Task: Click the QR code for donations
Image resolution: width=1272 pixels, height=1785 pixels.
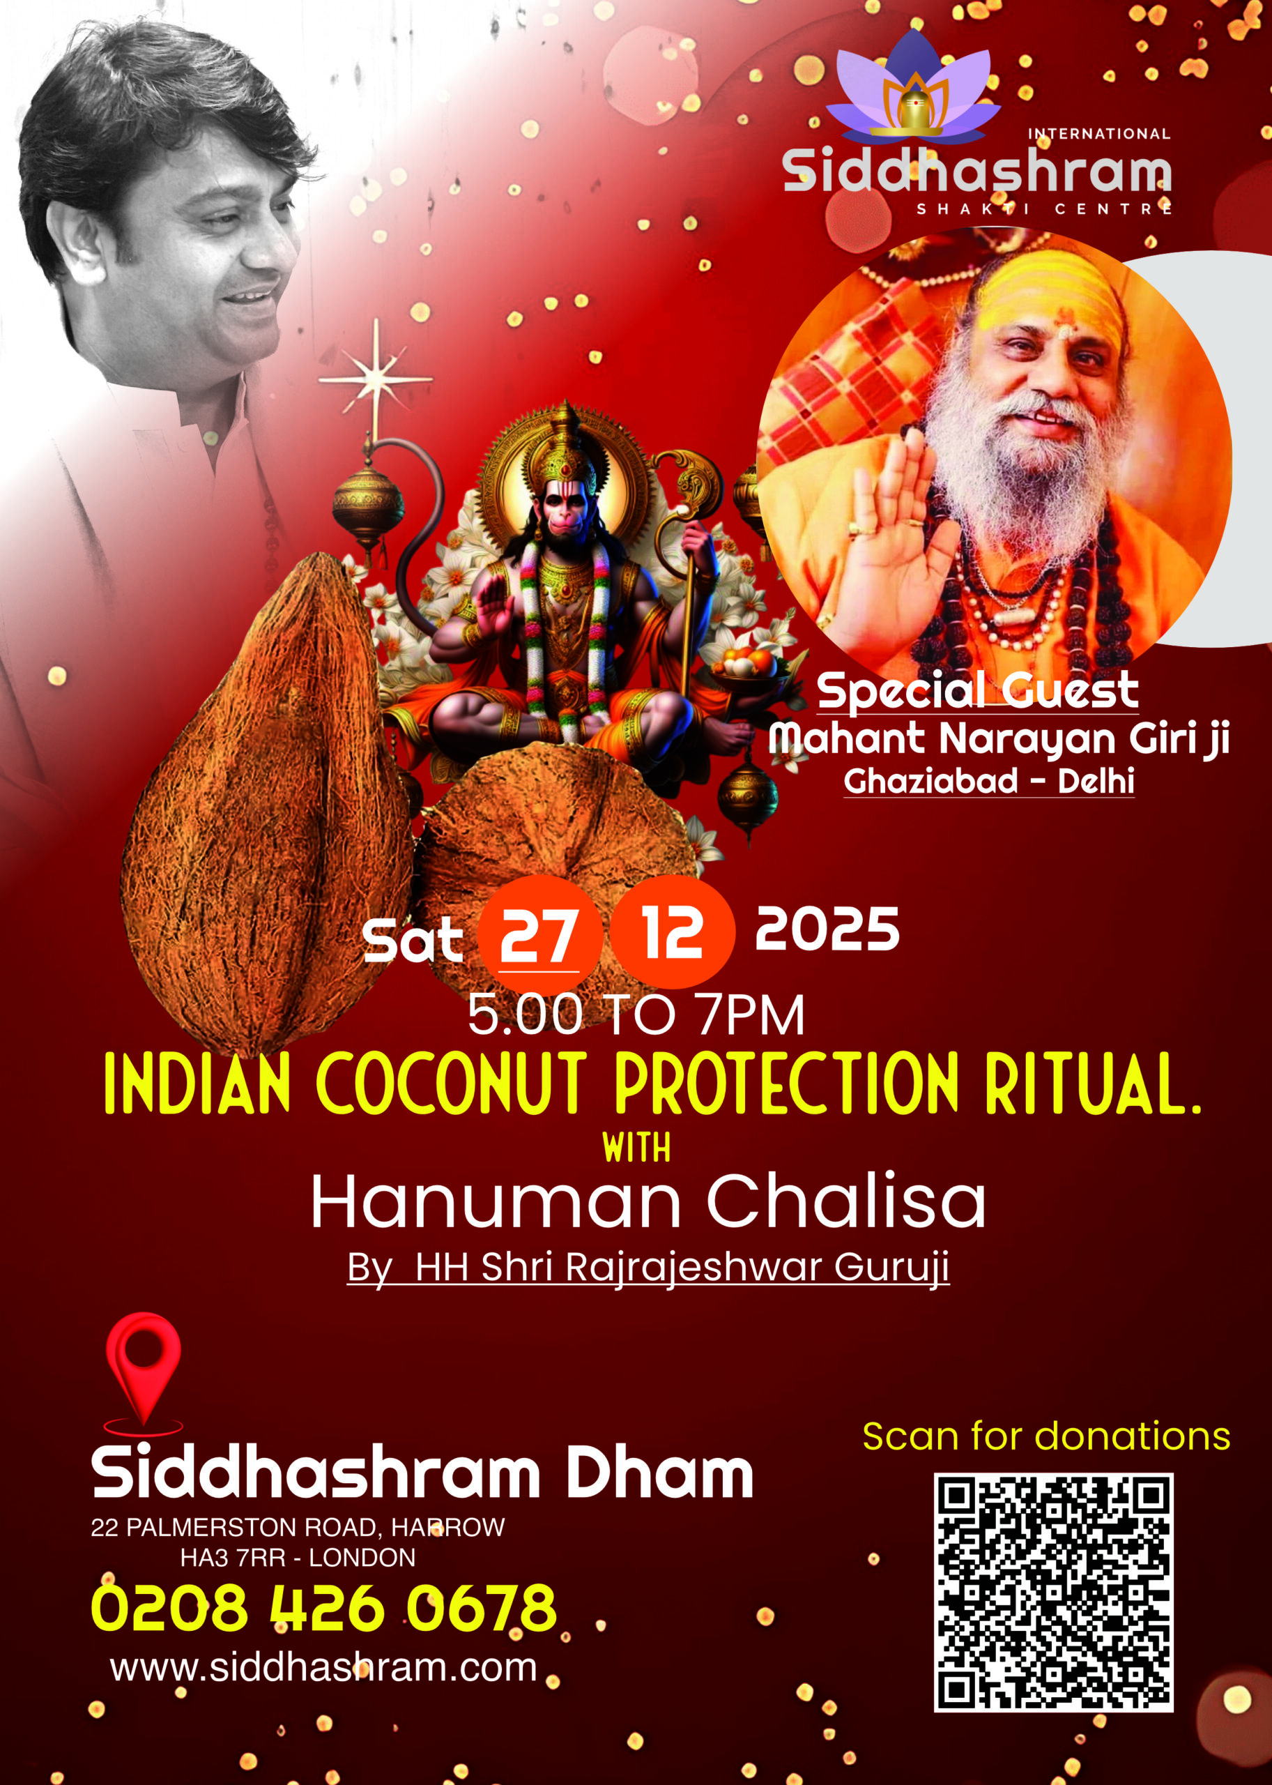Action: point(1053,1591)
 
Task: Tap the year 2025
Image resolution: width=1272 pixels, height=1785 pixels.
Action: point(827,929)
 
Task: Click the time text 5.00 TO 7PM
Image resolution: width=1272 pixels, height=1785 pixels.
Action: point(636,1015)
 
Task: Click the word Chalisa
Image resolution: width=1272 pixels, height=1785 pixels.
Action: point(846,1202)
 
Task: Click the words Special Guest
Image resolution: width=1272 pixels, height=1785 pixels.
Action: point(977,691)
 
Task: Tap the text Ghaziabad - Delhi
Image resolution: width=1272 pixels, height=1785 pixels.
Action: point(988,780)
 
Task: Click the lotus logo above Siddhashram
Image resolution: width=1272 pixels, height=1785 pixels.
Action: point(914,89)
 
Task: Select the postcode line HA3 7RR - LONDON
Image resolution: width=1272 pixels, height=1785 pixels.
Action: point(298,1558)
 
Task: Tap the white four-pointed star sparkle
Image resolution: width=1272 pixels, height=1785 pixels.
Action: point(376,380)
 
